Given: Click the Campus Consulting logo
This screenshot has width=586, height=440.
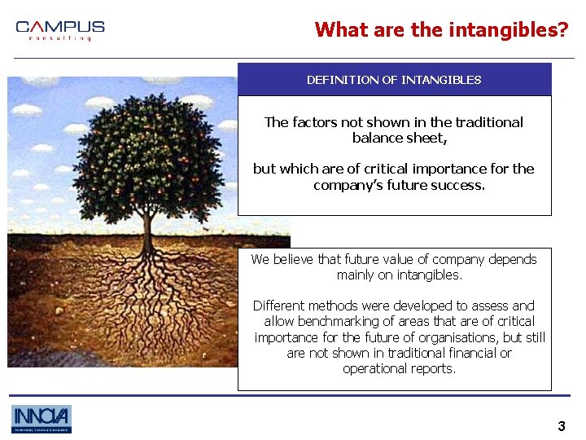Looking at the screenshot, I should pos(60,30).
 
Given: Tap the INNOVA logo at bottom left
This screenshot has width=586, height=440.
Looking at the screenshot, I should pos(42,419).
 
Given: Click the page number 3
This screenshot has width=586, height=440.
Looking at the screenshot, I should pos(561,426).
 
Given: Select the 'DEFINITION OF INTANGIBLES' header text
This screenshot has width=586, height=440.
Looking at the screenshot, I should pos(394,80).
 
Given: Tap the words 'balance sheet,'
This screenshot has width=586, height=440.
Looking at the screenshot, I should pos(400,138).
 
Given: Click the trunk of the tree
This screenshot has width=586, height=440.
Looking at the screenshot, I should pos(146,224).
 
